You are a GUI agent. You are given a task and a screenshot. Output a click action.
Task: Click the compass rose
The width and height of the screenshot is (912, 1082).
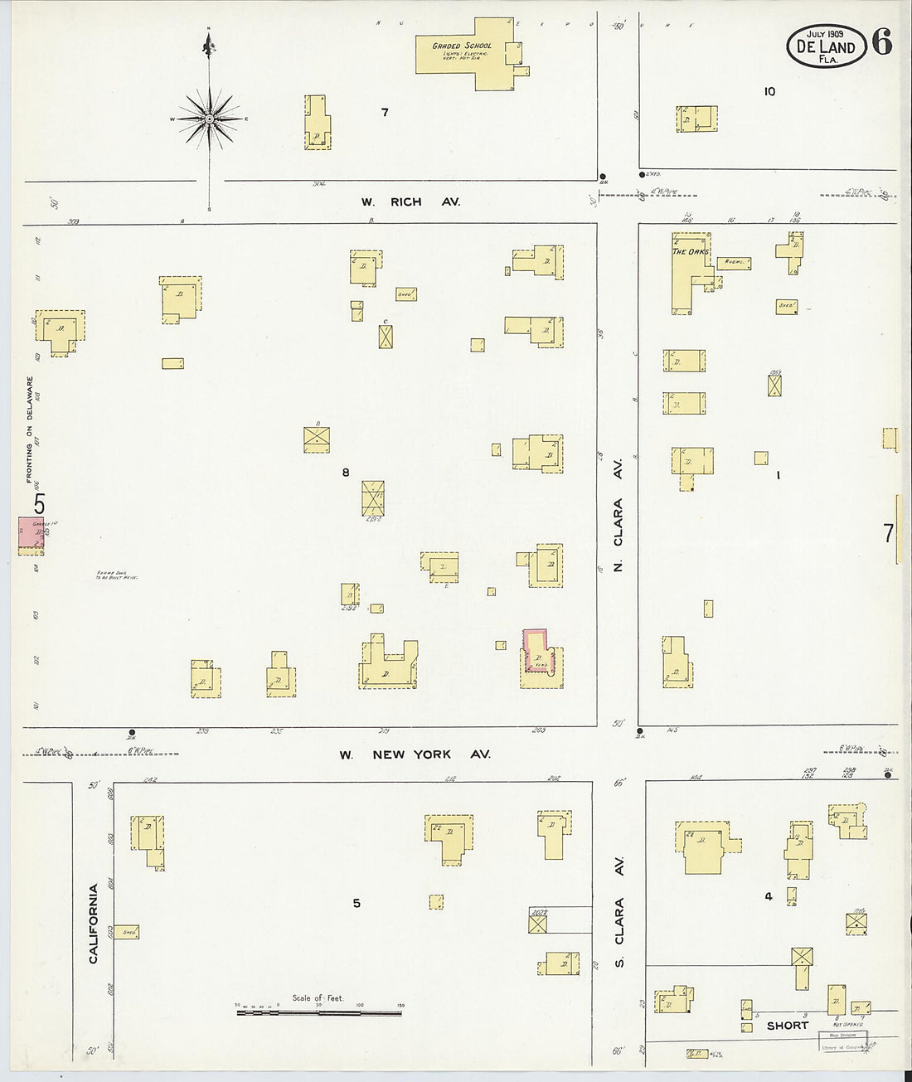point(210,119)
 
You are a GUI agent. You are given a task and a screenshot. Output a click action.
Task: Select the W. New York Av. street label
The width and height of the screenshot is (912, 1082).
point(415,754)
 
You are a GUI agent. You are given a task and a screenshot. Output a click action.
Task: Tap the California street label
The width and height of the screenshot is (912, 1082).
point(94,923)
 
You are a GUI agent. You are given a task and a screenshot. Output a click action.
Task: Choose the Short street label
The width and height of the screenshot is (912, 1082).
point(787,1026)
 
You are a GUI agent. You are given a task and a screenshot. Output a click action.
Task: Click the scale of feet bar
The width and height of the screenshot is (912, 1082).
point(318,1012)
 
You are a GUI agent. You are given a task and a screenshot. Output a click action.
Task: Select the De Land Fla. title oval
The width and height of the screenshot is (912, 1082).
point(826,45)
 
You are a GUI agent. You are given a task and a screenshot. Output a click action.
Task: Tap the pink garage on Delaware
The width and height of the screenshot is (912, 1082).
point(31,535)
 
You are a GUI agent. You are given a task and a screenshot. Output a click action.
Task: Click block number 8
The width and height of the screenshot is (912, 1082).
point(346,473)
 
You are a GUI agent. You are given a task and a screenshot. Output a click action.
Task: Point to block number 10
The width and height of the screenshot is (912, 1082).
point(769,91)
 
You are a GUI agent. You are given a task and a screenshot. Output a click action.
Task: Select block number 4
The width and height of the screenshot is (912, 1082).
point(769,896)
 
